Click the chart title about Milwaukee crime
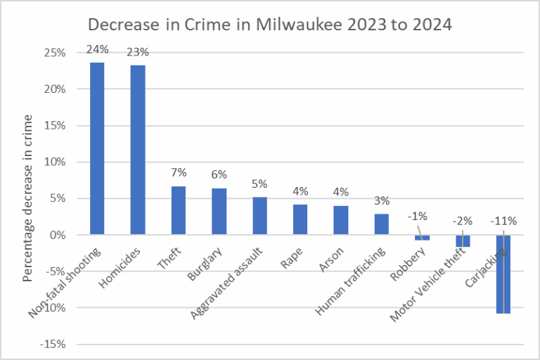269,25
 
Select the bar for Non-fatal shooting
97,148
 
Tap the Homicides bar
138,150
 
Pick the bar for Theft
179,210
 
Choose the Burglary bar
219,211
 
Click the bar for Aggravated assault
260,215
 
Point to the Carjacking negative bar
503,274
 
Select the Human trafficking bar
382,224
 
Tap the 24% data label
96,50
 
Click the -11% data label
503,221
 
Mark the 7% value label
179,173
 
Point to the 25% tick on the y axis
56,53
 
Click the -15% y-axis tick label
54,344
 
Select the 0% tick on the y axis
59,235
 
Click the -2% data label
463,221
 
